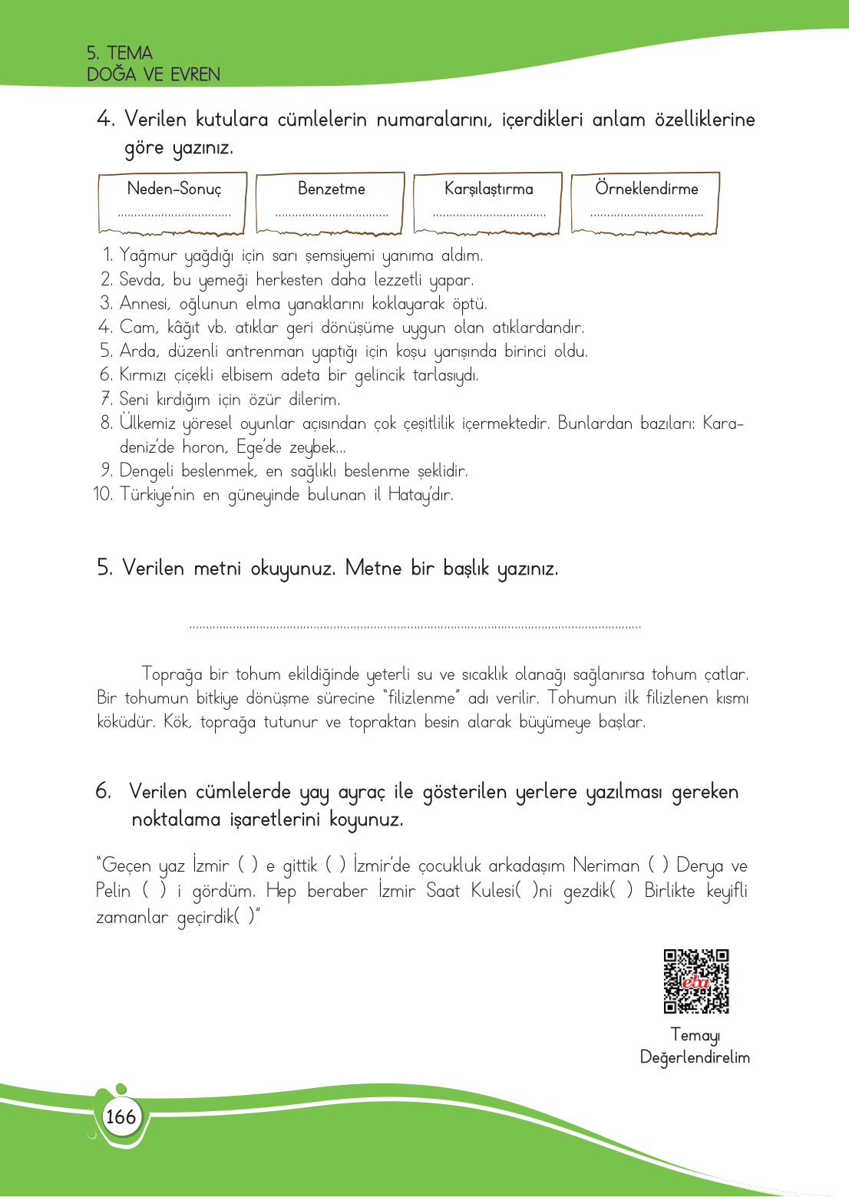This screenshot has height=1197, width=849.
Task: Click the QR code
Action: (695, 981)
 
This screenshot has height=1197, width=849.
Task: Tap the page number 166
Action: (121, 1116)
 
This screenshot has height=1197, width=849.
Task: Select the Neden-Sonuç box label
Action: (173, 189)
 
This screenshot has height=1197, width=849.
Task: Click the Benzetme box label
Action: (331, 189)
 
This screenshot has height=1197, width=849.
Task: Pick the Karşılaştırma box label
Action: (488, 189)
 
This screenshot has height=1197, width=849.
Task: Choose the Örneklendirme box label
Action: (646, 189)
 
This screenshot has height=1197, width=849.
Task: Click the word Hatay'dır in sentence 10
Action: (420, 495)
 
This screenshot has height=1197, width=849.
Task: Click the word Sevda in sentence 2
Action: (141, 280)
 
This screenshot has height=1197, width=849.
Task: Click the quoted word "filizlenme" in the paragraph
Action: (421, 698)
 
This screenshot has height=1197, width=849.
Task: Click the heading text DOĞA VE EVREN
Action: (154, 74)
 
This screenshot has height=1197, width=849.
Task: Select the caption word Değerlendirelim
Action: (695, 1057)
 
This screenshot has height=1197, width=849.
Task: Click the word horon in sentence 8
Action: (204, 447)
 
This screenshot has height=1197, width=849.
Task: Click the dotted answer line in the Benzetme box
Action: (331, 216)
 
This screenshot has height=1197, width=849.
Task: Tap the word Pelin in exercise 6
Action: (113, 891)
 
